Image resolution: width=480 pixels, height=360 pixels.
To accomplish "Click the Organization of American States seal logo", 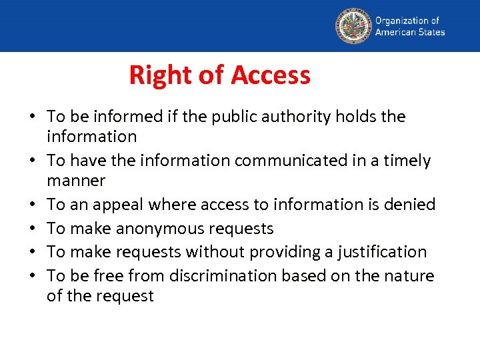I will (x=353, y=25).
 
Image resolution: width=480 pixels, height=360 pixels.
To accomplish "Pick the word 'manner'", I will (x=76, y=181).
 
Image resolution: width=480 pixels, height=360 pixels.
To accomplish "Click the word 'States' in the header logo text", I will (x=429, y=31).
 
